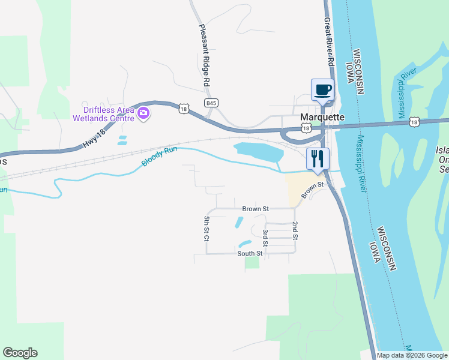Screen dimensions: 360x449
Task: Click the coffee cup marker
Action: pyautogui.click(x=322, y=90)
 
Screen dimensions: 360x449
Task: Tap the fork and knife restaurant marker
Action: pyautogui.click(x=317, y=159)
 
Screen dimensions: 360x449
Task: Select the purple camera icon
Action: pyautogui.click(x=143, y=112)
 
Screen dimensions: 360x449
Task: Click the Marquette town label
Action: pyautogui.click(x=322, y=118)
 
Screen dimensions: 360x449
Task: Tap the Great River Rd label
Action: pyautogui.click(x=329, y=41)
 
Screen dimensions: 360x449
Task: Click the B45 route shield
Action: pyautogui.click(x=210, y=103)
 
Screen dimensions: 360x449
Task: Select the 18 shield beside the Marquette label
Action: pyautogui.click(x=306, y=128)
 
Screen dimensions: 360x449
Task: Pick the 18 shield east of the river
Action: pyautogui.click(x=414, y=122)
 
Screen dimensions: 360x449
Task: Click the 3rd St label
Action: pyautogui.click(x=265, y=237)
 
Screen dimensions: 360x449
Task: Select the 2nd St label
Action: pyautogui.click(x=295, y=230)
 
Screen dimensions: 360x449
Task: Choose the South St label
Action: pyautogui.click(x=250, y=253)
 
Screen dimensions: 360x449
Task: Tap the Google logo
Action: pyautogui.click(x=20, y=353)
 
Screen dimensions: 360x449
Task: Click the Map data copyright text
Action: pyautogui.click(x=412, y=355)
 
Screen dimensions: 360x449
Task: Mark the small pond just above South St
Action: pyautogui.click(x=244, y=244)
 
